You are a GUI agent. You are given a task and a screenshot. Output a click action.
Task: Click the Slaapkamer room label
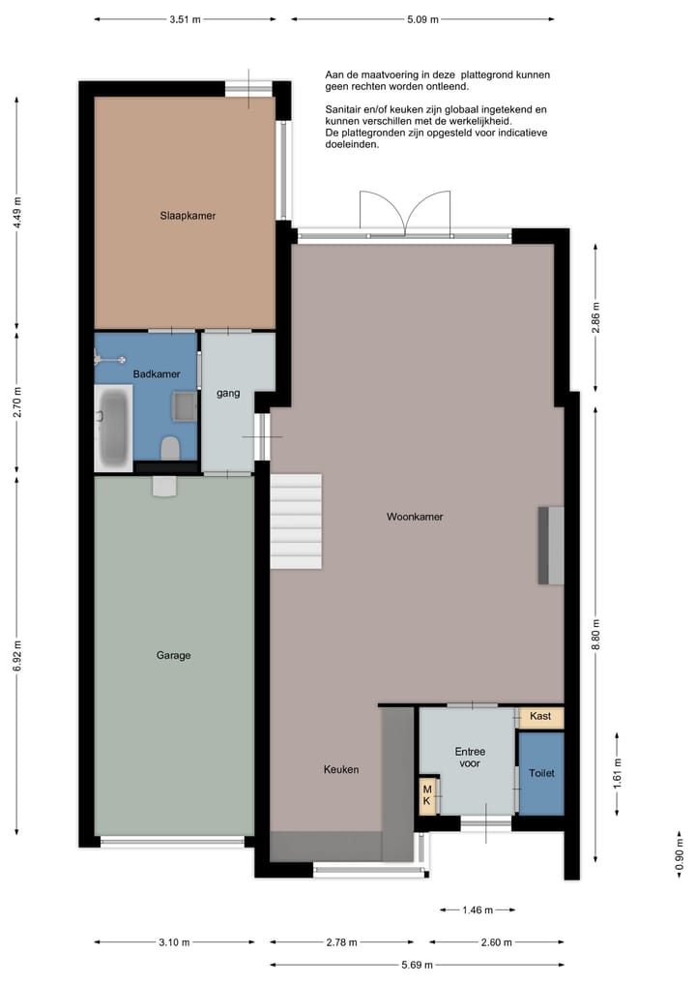pyautogui.click(x=188, y=216)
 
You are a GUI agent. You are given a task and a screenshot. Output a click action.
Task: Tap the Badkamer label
pyautogui.click(x=150, y=373)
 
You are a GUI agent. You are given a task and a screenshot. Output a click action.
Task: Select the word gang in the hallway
pyautogui.click(x=228, y=393)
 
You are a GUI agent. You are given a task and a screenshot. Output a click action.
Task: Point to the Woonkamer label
pyautogui.click(x=415, y=517)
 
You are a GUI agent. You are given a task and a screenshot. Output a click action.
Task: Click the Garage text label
pyautogui.click(x=173, y=655)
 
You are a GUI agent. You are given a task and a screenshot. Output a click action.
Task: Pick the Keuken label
pyautogui.click(x=340, y=769)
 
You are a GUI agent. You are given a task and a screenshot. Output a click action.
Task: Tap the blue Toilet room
pyautogui.click(x=540, y=773)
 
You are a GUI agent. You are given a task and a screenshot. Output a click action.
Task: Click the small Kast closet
pyautogui.click(x=540, y=717)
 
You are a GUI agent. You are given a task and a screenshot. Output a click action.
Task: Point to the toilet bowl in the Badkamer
pyautogui.click(x=170, y=447)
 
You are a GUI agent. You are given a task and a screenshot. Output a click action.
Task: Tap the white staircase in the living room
pyautogui.click(x=295, y=521)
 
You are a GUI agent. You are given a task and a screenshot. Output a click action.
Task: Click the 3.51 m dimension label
pyautogui.click(x=185, y=18)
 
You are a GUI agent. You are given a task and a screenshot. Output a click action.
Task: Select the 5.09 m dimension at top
pyautogui.click(x=422, y=18)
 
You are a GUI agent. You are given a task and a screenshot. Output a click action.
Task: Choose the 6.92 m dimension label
pyautogui.click(x=17, y=656)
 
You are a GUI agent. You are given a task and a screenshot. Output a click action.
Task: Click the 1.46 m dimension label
pyautogui.click(x=476, y=910)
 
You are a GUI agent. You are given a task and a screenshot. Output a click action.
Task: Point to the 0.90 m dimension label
pyautogui.click(x=679, y=850)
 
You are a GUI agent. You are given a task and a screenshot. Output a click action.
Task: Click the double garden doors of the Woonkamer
pyautogui.click(x=404, y=215)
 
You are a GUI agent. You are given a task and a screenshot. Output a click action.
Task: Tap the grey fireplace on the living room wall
pyautogui.click(x=551, y=545)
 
